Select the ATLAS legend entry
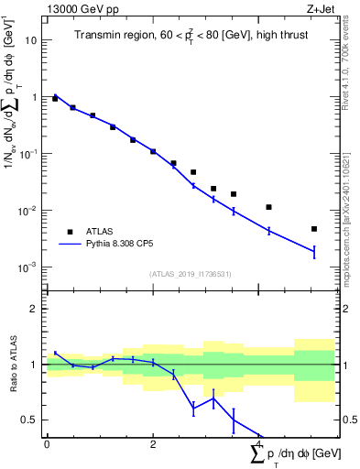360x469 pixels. coord(100,232)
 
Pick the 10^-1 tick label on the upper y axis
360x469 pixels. coord(29,153)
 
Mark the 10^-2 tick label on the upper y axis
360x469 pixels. coord(29,210)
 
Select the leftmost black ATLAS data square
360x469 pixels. coord(55,98)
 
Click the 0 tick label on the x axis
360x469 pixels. coord(47,442)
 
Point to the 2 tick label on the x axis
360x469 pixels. coord(153,442)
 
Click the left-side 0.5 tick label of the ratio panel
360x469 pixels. coord(32,420)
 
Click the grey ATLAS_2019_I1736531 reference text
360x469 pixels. coord(190,274)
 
